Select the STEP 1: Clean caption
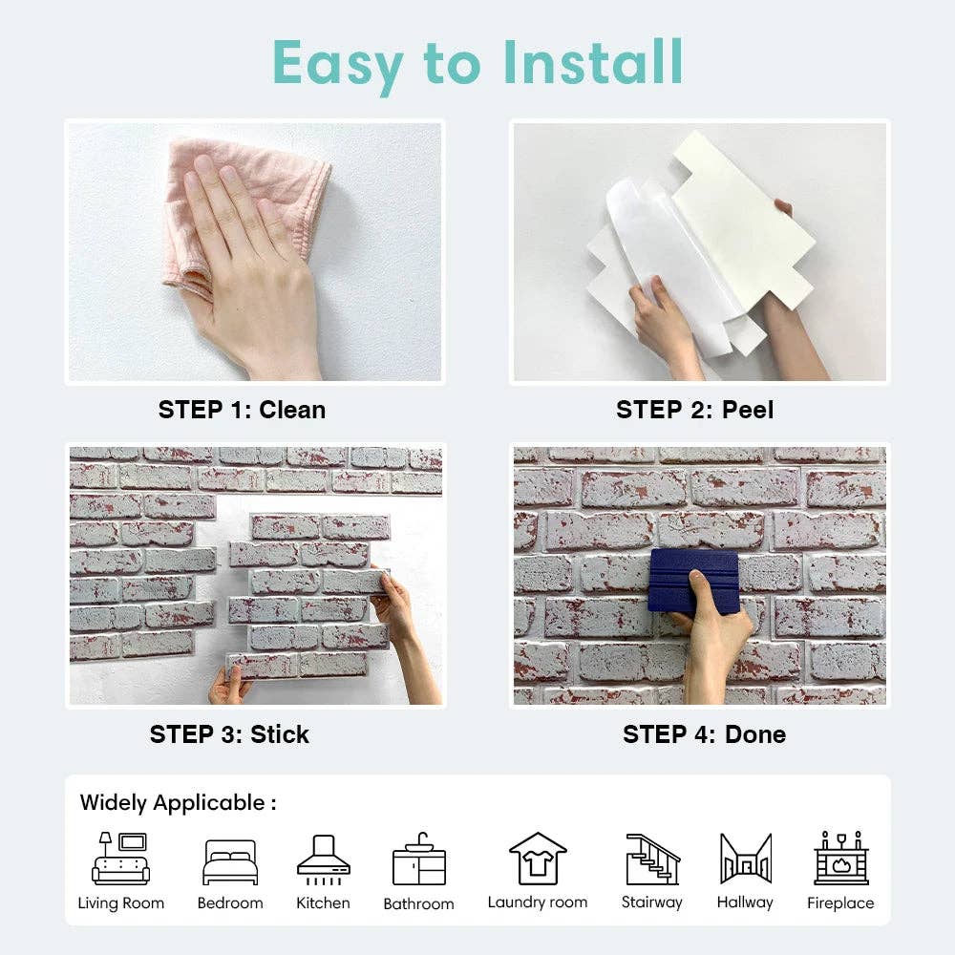tap(242, 410)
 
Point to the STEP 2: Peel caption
tap(694, 410)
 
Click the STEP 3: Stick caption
tap(229, 734)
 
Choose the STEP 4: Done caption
tap(704, 734)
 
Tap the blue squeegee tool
tap(693, 581)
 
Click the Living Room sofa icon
tap(121, 859)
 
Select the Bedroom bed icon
tap(230, 862)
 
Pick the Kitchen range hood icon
tap(323, 858)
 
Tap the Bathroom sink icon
tap(418, 859)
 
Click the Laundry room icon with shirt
tap(538, 859)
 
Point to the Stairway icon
tap(652, 859)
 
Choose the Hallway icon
tap(745, 859)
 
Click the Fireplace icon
tap(840, 859)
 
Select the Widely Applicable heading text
tap(178, 803)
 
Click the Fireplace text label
tap(840, 903)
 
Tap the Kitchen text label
tap(323, 902)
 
